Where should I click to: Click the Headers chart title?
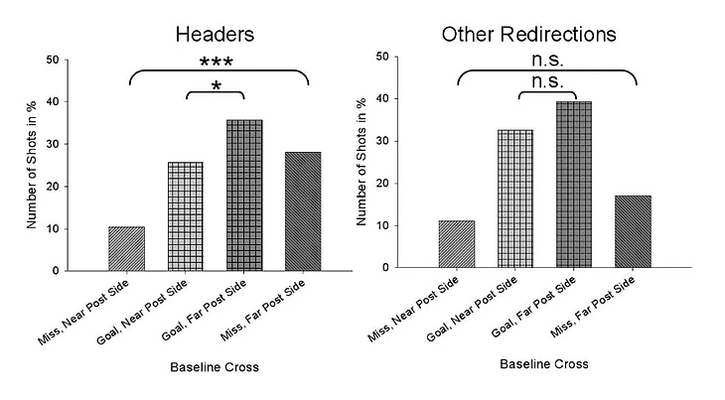[216, 34]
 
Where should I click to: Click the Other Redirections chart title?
[529, 34]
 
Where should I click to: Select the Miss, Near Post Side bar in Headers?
[127, 248]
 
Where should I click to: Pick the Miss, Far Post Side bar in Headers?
[303, 211]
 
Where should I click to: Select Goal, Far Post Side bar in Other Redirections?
[574, 185]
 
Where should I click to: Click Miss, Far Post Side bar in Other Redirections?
[633, 231]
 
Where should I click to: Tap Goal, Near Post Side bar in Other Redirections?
[515, 199]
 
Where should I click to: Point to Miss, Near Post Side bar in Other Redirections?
[457, 243]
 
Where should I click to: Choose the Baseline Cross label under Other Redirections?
[545, 364]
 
